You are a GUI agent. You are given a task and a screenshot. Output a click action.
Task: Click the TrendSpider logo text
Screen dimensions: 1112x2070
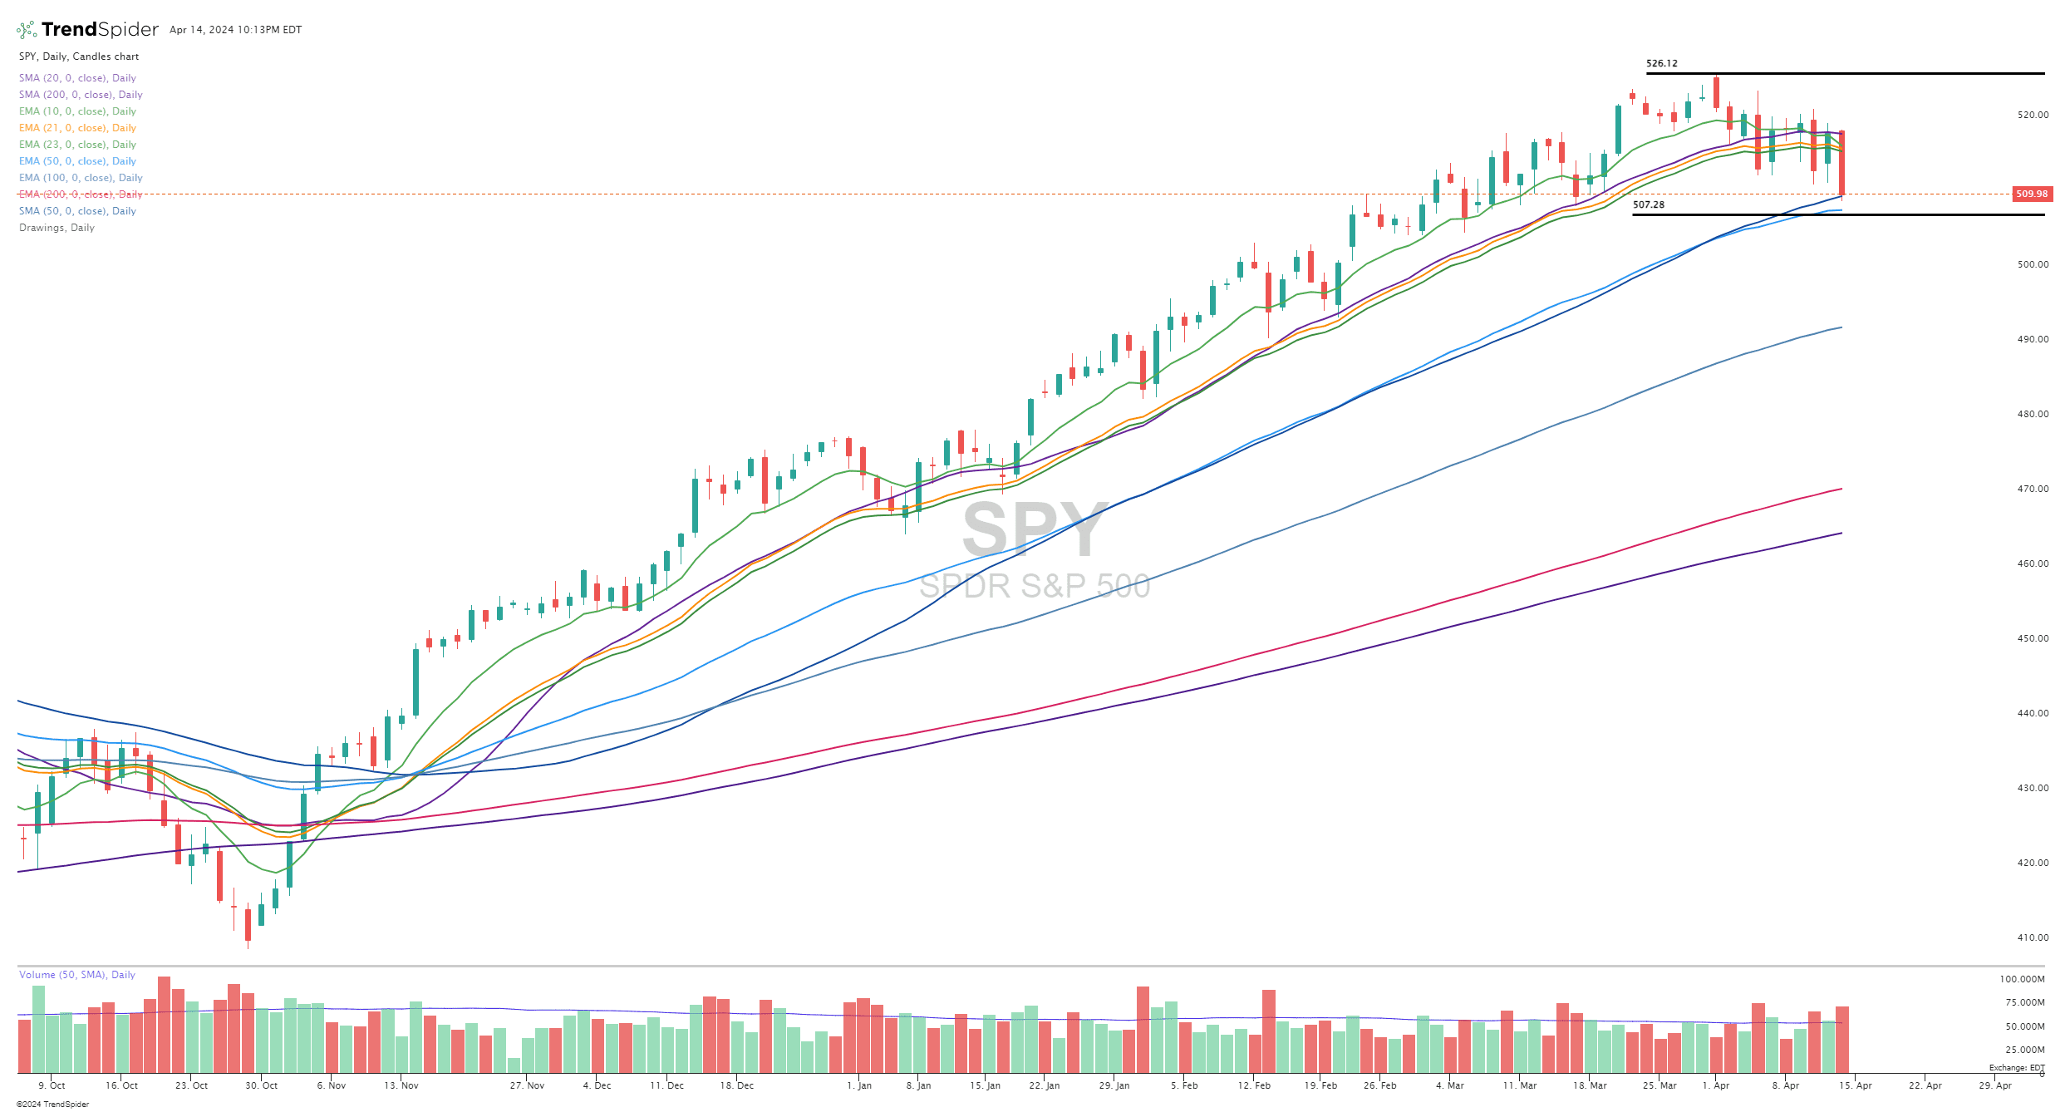(100, 30)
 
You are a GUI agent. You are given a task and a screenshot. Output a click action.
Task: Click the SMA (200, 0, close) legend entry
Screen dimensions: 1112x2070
(81, 95)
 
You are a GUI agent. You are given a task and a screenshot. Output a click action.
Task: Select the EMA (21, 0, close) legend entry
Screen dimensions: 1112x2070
(77, 128)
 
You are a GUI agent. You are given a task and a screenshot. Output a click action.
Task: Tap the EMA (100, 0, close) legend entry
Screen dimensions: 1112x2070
(81, 178)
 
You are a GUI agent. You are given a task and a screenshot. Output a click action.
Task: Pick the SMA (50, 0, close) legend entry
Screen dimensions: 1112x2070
(77, 211)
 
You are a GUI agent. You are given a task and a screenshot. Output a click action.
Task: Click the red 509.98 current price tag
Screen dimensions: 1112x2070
(2032, 194)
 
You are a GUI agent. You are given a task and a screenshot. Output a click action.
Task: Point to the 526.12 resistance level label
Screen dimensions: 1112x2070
(1661, 63)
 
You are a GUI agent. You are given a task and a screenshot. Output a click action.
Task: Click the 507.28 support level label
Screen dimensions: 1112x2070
(1648, 204)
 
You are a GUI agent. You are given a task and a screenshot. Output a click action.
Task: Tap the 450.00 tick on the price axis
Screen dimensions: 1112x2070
(2033, 638)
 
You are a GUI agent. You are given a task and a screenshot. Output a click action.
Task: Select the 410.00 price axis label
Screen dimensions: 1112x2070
(2033, 937)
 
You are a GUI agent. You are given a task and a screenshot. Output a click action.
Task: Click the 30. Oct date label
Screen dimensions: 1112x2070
(262, 1085)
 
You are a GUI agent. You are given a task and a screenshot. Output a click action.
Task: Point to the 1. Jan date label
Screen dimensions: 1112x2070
(859, 1085)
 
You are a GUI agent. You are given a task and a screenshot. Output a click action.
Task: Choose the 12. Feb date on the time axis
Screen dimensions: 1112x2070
(1254, 1085)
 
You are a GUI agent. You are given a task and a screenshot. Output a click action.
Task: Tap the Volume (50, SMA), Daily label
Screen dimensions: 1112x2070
(76, 975)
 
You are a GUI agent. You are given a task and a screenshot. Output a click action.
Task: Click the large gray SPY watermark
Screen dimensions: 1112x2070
(1034, 529)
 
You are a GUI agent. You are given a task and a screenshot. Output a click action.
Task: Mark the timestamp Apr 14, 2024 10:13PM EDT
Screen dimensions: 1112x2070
(235, 30)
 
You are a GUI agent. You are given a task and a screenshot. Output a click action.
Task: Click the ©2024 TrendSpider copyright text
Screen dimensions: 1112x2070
(52, 1105)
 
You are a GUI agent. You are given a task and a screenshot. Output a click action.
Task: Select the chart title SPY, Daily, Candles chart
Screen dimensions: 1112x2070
(79, 57)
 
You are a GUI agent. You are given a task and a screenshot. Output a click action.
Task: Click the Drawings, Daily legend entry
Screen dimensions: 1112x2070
(57, 228)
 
